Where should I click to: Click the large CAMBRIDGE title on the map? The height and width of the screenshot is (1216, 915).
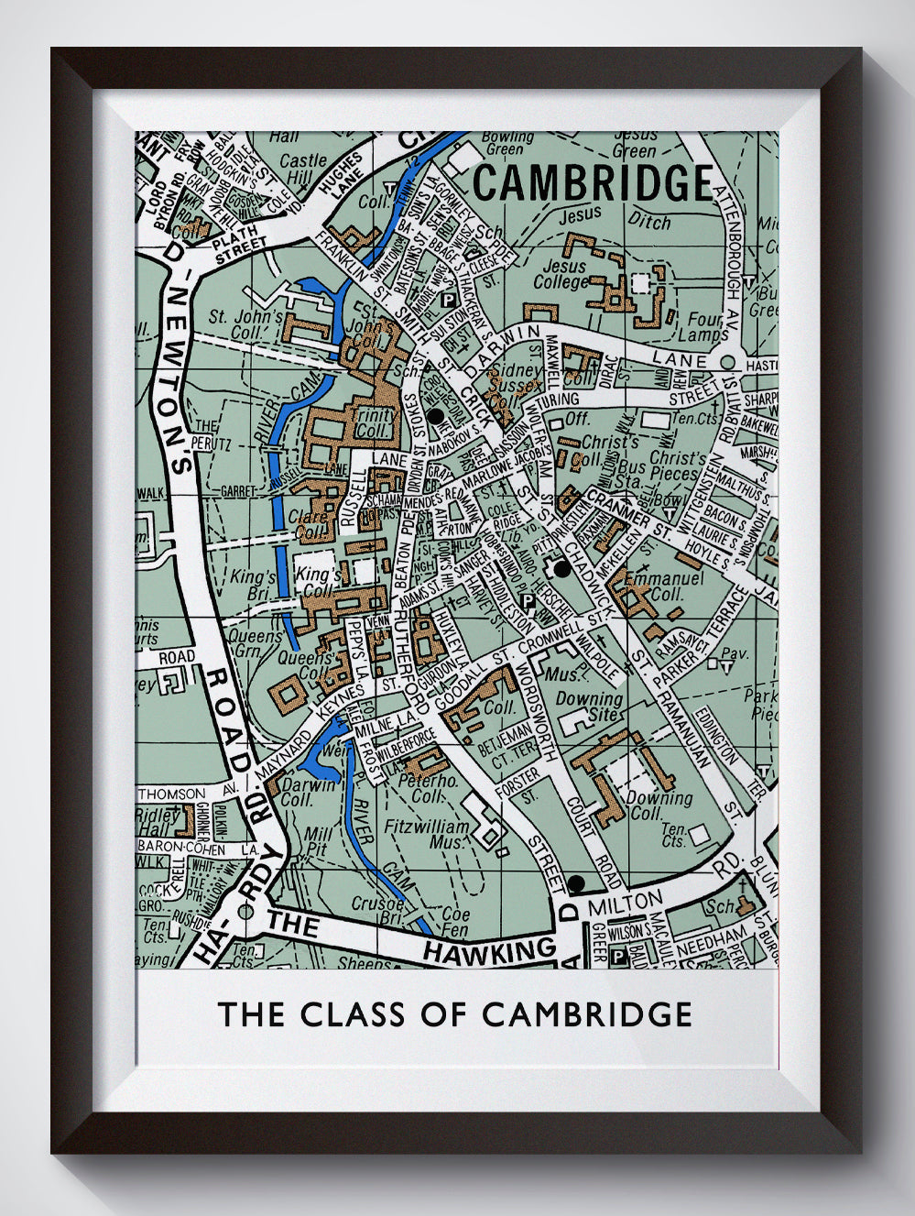point(594,182)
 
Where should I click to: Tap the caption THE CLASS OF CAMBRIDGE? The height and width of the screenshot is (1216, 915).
point(454,1013)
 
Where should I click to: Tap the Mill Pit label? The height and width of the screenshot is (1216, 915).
point(320,841)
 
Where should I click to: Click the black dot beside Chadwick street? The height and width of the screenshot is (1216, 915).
point(562,569)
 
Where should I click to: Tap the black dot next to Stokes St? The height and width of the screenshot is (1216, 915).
point(436,417)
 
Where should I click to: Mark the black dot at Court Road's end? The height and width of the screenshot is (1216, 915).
point(575,883)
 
